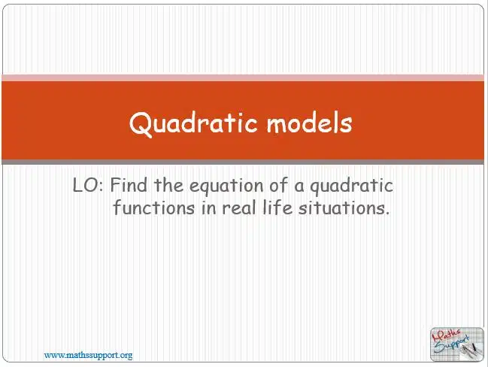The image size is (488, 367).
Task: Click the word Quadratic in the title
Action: click(x=193, y=123)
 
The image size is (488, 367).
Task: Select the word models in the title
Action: click(x=309, y=123)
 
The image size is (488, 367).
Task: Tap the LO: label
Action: click(x=87, y=185)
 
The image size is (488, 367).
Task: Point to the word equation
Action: click(x=226, y=187)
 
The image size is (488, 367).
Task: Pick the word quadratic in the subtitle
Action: click(x=351, y=187)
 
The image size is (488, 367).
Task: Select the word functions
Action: click(x=153, y=208)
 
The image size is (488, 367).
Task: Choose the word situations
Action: click(x=344, y=208)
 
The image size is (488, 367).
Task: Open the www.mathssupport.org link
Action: click(x=89, y=355)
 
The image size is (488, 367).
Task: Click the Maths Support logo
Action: click(x=457, y=344)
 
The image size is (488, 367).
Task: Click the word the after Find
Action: click(x=168, y=185)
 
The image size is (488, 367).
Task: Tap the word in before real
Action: click(x=208, y=208)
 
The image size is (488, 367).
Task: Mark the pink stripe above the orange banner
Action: click(x=243, y=77)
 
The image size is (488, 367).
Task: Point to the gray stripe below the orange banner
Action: click(x=243, y=162)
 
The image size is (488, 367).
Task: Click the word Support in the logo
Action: click(x=452, y=345)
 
